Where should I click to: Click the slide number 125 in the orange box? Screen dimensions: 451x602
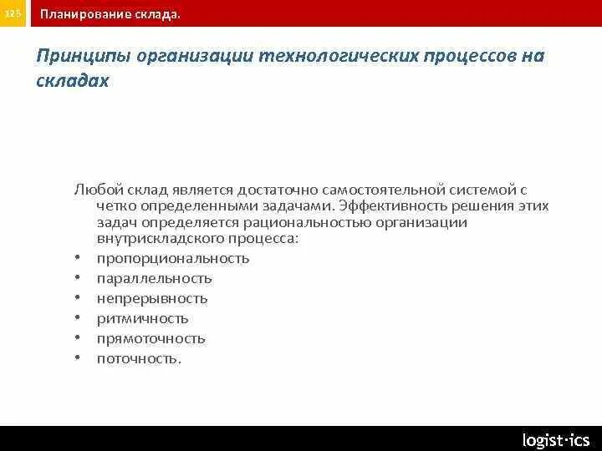pyautogui.click(x=14, y=14)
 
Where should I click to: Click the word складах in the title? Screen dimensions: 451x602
pyautogui.click(x=73, y=83)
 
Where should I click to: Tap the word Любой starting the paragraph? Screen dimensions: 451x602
pyautogui.click(x=95, y=190)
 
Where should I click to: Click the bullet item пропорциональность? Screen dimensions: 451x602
pyautogui.click(x=173, y=259)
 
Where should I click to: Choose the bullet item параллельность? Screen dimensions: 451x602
pyautogui.click(x=155, y=279)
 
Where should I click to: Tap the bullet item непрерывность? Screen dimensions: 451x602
pyautogui.click(x=152, y=299)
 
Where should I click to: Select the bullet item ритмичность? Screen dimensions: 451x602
pyautogui.click(x=143, y=319)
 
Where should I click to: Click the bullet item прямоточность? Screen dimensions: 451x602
pyautogui.click(x=151, y=339)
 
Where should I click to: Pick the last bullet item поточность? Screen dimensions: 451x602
pyautogui.click(x=139, y=359)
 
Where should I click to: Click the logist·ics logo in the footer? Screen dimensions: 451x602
pyautogui.click(x=555, y=439)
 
